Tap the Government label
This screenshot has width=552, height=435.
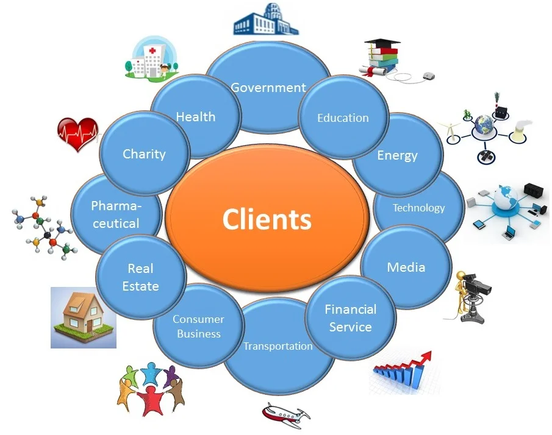coord(268,88)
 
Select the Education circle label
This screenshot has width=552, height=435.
coord(343,118)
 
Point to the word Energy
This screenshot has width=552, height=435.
coord(397,155)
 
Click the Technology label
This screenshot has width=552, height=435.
coord(418,208)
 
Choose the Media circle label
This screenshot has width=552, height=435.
coord(406,267)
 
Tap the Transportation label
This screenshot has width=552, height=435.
coord(278,346)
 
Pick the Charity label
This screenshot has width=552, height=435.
coord(144,154)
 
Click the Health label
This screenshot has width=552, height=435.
coord(195,116)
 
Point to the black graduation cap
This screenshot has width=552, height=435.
coord(382,44)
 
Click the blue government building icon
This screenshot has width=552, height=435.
coord(267,19)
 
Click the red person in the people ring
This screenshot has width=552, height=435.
coord(149,400)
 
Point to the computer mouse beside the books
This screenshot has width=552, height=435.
coord(428,76)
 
